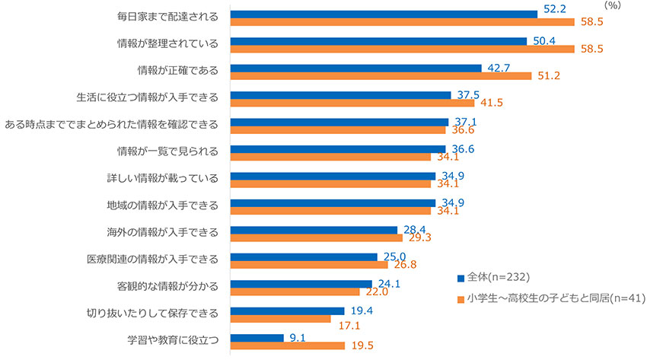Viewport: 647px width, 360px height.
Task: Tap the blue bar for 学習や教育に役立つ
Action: [257, 337]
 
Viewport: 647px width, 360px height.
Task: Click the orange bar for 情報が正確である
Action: [381, 76]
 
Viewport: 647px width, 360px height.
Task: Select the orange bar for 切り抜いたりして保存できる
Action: [280, 319]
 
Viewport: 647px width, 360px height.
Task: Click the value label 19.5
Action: [361, 346]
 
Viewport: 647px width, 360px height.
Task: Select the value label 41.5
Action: [490, 103]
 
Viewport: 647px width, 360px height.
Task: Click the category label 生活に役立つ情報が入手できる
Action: [147, 97]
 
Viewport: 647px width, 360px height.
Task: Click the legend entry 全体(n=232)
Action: [496, 276]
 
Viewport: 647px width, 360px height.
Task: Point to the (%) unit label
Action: [613, 5]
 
